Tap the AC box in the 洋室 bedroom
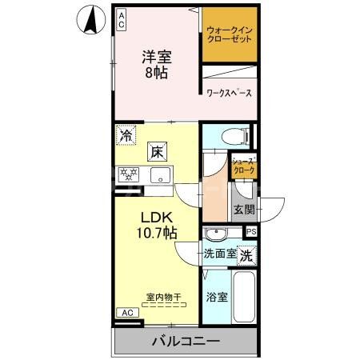(122, 19)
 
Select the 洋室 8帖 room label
(158, 63)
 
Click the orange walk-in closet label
(230, 34)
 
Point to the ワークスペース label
(229, 94)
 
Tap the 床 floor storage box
(158, 150)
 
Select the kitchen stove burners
(129, 174)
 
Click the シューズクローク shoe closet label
(243, 166)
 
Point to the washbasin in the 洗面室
(215, 234)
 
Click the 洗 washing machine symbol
(248, 256)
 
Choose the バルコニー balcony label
(186, 342)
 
